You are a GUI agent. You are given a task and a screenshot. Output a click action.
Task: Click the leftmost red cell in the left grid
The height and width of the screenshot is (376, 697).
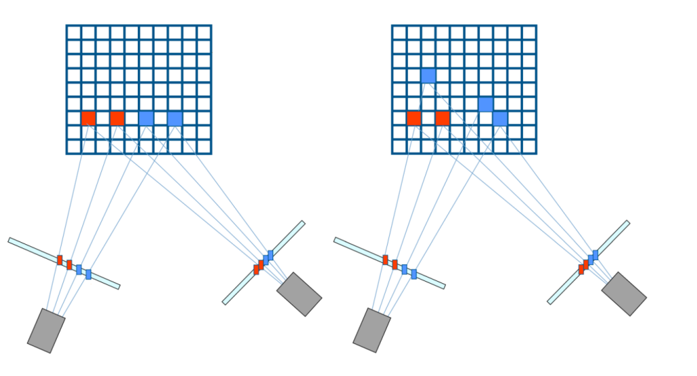point(88,118)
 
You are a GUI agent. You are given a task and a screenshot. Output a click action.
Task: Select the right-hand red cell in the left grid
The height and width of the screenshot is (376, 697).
point(117,118)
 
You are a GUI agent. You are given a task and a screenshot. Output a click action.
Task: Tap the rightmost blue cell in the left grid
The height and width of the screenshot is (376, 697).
point(175,118)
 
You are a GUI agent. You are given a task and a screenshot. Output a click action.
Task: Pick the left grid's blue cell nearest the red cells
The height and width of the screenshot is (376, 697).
point(146,118)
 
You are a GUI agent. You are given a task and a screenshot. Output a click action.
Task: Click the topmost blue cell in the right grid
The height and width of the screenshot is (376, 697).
point(429,76)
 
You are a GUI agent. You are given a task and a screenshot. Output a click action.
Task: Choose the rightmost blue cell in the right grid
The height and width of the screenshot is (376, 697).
point(500,118)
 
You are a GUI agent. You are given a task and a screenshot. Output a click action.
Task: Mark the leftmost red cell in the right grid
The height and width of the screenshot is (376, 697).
point(414,118)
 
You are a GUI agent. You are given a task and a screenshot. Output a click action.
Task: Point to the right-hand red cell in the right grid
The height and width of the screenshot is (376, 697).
point(443,118)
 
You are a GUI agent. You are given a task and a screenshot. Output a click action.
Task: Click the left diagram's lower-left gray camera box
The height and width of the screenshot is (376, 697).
point(46,331)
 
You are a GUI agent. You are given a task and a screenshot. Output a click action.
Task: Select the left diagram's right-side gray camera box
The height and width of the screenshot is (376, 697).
point(299,294)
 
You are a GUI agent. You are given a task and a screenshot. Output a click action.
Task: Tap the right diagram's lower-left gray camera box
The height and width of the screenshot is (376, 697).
point(372,330)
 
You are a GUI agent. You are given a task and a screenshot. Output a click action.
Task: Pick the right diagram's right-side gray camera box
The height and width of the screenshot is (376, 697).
point(624,294)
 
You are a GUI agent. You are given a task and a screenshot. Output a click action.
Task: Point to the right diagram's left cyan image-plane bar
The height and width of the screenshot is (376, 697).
point(355,247)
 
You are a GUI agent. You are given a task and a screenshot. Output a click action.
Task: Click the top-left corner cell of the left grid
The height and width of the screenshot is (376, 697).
point(74,33)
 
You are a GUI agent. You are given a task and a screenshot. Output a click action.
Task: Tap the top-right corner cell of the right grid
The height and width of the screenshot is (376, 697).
point(529,33)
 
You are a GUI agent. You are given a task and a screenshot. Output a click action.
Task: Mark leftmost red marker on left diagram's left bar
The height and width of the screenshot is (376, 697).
point(60,260)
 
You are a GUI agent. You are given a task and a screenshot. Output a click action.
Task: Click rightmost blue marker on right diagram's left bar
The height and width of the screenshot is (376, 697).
point(414,274)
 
